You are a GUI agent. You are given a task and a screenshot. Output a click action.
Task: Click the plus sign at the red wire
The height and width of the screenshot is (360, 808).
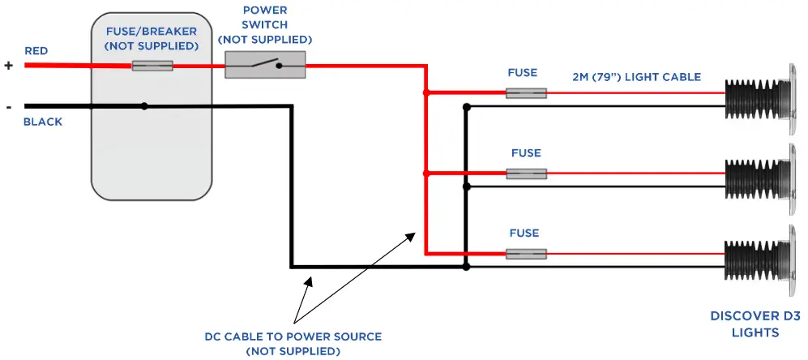click(9, 66)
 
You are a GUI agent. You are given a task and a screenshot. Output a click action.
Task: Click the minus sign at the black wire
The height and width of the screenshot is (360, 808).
click(9, 106)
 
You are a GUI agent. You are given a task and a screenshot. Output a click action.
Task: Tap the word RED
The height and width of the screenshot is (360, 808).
click(36, 51)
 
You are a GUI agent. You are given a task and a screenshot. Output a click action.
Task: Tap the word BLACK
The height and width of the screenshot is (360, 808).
click(43, 122)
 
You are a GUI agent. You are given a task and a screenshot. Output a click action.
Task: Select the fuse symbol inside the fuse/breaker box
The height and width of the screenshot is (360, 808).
click(152, 66)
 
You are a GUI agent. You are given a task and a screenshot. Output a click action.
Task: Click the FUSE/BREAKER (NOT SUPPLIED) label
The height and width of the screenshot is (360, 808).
click(152, 39)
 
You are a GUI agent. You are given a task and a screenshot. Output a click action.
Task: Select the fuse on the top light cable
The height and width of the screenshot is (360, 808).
click(526, 93)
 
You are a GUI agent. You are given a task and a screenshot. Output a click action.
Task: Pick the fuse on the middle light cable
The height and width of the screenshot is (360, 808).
click(526, 174)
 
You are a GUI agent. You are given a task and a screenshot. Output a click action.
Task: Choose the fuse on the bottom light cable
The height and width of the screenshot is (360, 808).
click(526, 254)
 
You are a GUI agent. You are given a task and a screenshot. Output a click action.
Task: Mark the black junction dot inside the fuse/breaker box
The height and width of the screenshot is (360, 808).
click(144, 105)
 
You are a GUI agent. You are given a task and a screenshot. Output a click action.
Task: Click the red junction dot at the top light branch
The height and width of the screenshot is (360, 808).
click(425, 93)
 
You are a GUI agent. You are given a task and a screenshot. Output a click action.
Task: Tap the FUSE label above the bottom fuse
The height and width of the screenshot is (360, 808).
click(524, 233)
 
